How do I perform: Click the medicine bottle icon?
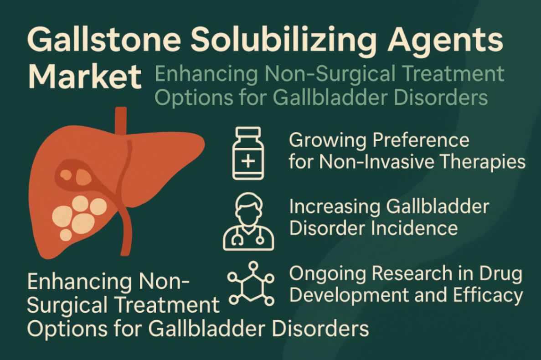[x=248, y=154]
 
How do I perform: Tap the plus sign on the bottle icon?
[x=248, y=161]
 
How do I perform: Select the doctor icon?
[x=248, y=221]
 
